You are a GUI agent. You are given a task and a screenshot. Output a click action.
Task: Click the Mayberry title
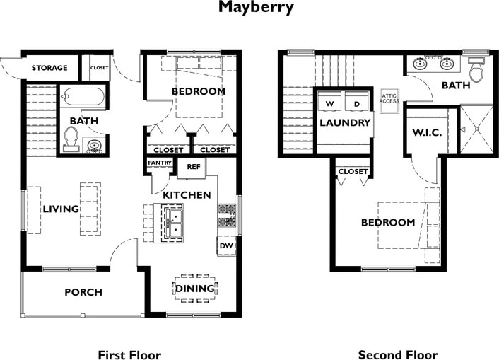pyautogui.click(x=250, y=8)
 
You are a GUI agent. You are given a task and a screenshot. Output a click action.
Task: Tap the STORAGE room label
pyautogui.click(x=49, y=68)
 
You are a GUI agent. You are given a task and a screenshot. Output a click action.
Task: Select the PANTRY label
pyautogui.click(x=157, y=163)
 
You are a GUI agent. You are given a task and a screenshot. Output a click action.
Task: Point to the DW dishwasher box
pyautogui.click(x=226, y=245)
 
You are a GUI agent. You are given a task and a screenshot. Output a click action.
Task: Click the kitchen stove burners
pyautogui.click(x=226, y=215)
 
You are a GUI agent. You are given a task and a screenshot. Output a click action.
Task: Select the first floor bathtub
pyautogui.click(x=83, y=96)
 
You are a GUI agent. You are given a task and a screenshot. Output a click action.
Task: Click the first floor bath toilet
pyautogui.click(x=71, y=137)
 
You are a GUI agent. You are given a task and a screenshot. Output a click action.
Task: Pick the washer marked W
pyautogui.click(x=329, y=103)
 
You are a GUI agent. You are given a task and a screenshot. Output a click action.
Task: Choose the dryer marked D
pyautogui.click(x=357, y=103)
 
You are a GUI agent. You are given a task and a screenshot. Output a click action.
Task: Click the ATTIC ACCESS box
pyautogui.click(x=389, y=98)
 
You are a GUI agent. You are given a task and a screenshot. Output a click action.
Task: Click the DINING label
pyautogui.click(x=195, y=289)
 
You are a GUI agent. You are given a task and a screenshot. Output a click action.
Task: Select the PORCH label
pyautogui.click(x=83, y=292)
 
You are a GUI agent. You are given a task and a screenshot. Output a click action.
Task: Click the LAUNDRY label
pyautogui.click(x=345, y=122)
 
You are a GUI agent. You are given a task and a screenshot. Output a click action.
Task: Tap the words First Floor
pyautogui.click(x=129, y=354)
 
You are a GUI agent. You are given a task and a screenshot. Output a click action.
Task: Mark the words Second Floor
pyautogui.click(x=397, y=354)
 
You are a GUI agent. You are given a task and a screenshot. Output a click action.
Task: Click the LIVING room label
pyautogui.click(x=61, y=209)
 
